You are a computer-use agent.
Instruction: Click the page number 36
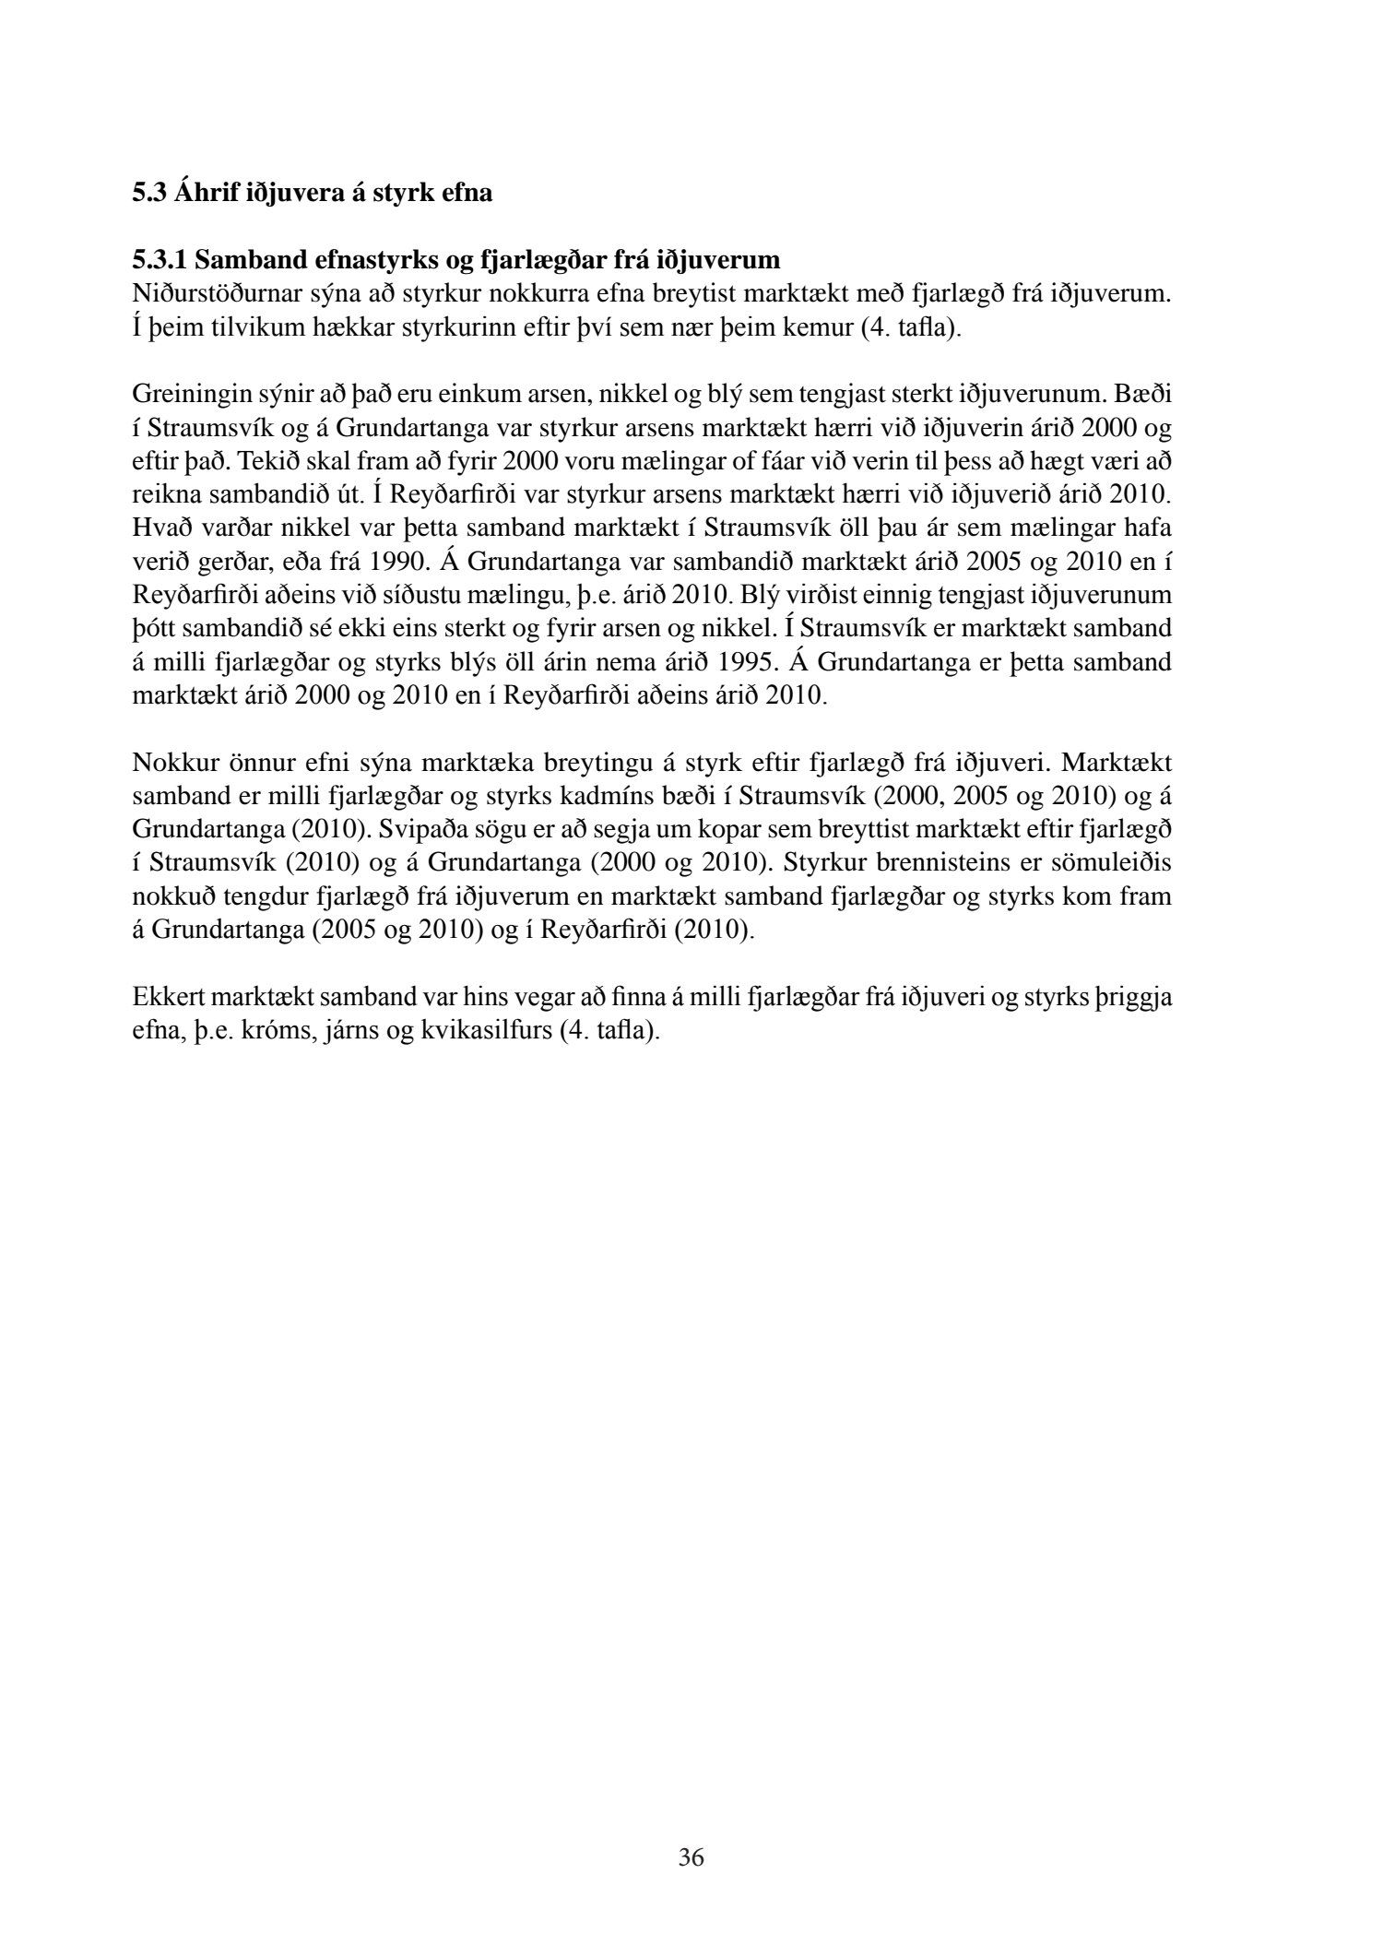(x=691, y=1857)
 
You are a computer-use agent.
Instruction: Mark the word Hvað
(x=158, y=528)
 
